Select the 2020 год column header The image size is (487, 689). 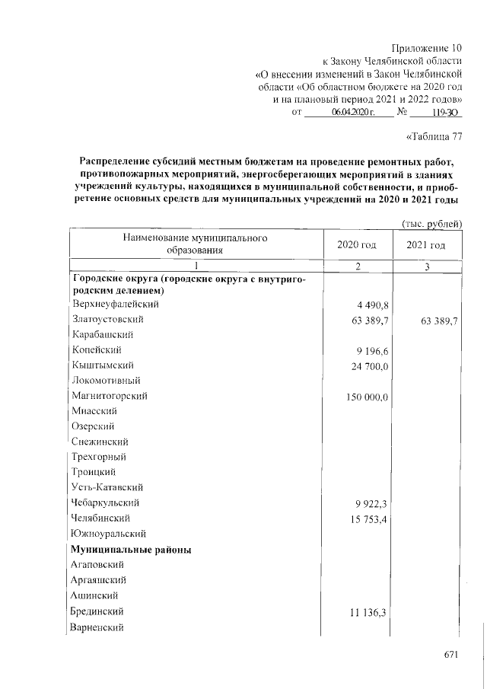click(x=356, y=244)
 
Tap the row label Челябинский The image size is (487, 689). click(x=99, y=518)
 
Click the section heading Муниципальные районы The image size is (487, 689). click(x=130, y=549)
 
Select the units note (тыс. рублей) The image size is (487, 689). click(x=431, y=223)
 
